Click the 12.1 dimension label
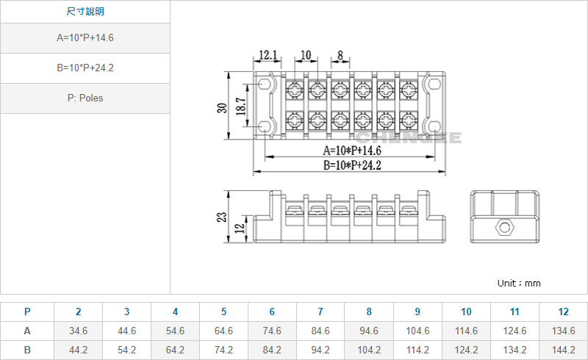[268, 55]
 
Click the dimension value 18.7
[240, 108]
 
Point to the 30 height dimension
[222, 108]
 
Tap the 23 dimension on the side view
[223, 217]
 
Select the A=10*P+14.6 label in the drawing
[352, 151]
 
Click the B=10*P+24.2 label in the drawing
[352, 165]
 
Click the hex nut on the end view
[505, 226]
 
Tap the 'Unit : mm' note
[519, 283]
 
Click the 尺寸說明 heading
[85, 12]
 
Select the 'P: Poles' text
[85, 98]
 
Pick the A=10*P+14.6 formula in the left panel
[85, 37]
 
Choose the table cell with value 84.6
[320, 331]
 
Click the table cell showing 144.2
[563, 350]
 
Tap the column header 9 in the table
[417, 312]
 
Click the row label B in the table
[27, 350]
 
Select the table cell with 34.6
[78, 331]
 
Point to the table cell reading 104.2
[369, 350]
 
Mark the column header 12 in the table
[563, 312]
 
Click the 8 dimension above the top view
[340, 55]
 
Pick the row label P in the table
[27, 312]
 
